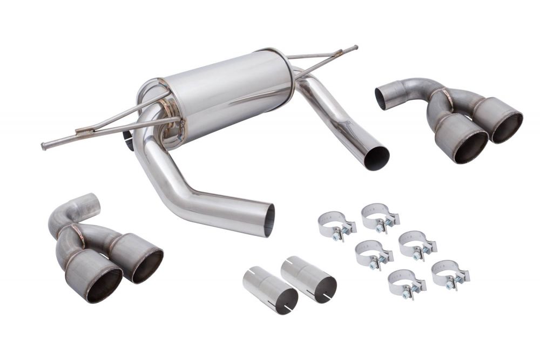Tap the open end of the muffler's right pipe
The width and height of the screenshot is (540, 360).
pos(376,158)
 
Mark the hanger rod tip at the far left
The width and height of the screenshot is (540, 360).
pos(44,146)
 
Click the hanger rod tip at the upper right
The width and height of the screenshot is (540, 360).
pos(355,48)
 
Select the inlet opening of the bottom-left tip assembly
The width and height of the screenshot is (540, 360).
pos(91,205)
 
